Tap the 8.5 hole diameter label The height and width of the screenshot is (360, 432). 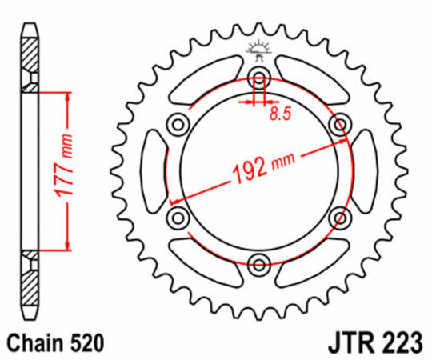click(x=279, y=114)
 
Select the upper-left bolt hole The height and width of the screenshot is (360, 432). click(x=178, y=123)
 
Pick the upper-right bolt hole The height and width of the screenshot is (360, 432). click(x=342, y=123)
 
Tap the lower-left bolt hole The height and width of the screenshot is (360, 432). click(x=178, y=217)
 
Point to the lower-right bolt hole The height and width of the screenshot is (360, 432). click(x=342, y=217)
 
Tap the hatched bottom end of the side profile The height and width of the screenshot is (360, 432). click(x=30, y=276)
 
